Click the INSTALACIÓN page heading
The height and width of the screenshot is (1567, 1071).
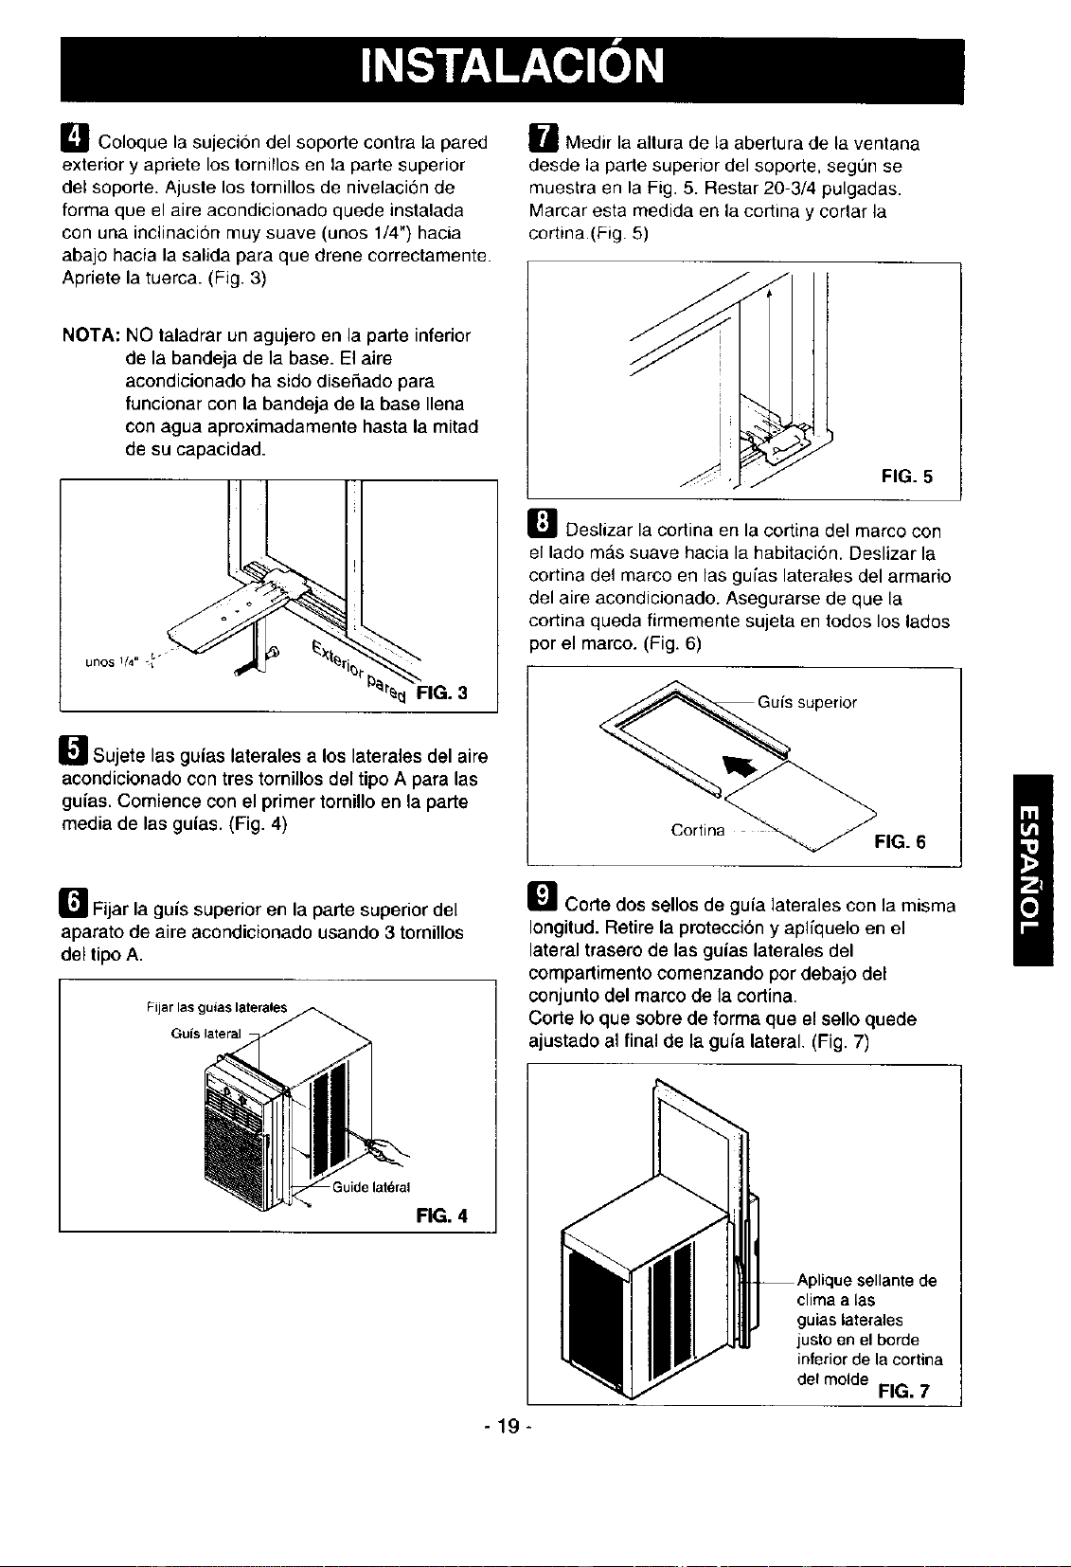click(512, 66)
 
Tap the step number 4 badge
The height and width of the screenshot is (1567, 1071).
click(75, 137)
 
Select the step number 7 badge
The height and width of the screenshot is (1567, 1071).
click(544, 137)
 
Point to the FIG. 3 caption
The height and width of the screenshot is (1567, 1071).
click(442, 693)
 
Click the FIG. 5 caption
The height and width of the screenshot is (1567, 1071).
click(907, 477)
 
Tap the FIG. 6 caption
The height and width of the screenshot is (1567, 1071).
click(900, 841)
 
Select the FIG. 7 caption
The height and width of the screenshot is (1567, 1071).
click(904, 1391)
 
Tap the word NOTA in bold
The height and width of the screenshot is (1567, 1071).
click(90, 335)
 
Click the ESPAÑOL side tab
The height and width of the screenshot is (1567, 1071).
click(1032, 870)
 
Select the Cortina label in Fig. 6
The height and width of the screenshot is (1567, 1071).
click(698, 830)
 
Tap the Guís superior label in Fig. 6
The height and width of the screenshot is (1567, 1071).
click(808, 702)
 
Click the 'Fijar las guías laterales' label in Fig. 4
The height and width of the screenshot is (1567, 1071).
click(217, 1007)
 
